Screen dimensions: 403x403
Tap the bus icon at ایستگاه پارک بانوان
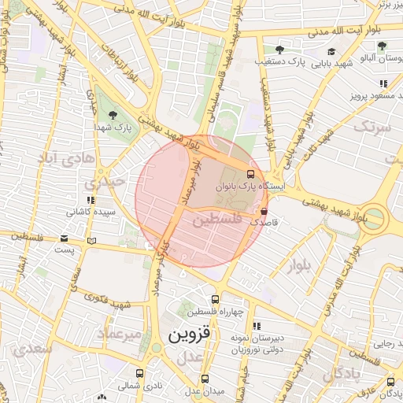click(250, 174)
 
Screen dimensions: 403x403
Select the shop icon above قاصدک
click(263, 211)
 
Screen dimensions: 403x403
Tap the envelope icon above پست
click(64, 239)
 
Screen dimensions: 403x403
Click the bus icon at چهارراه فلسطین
click(213, 298)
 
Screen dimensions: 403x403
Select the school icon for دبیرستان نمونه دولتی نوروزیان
click(257, 325)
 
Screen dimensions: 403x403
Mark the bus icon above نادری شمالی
click(139, 374)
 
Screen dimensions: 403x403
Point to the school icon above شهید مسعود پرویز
click(383, 83)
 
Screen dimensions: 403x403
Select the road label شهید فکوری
click(108, 303)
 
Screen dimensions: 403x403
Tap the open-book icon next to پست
click(93, 240)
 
